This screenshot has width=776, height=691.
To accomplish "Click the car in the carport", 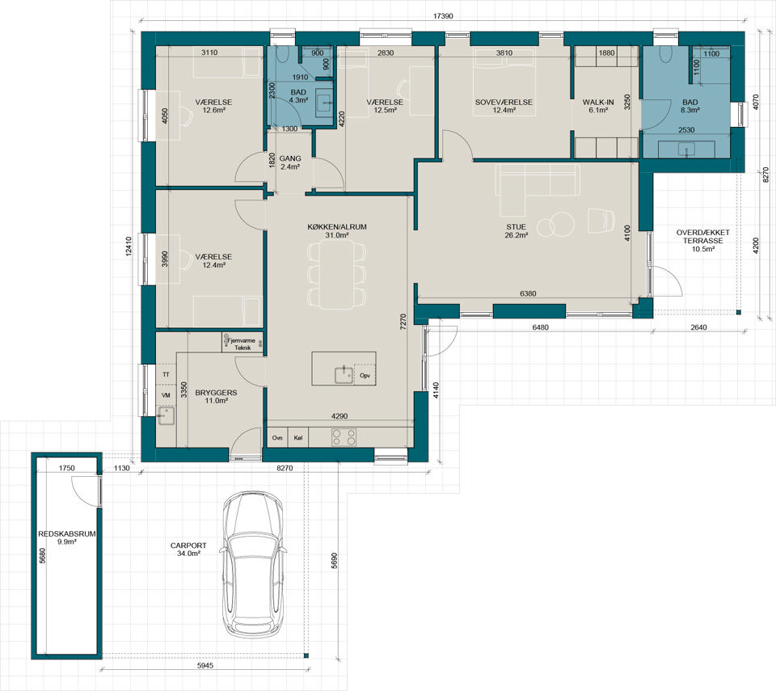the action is [254, 564].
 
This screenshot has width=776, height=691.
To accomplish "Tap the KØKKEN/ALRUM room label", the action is [337, 227].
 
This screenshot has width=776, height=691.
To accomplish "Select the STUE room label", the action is [516, 227].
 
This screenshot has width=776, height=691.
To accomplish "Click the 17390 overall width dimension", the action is [443, 16].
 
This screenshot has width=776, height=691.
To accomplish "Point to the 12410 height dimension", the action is [129, 246].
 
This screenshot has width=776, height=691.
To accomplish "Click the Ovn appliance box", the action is [277, 437].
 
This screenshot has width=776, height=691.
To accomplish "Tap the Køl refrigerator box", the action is [298, 437].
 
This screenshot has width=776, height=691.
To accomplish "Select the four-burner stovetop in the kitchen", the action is [344, 437].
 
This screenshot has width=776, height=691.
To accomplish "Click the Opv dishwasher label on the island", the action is [365, 376].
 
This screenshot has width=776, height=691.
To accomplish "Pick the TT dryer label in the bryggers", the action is [166, 375].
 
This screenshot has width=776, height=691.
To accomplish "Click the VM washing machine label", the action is [166, 395].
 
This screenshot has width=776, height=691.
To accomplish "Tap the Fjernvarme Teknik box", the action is [242, 343].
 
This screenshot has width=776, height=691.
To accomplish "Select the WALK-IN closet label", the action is [598, 103].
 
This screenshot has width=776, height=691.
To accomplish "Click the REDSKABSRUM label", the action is [67, 534].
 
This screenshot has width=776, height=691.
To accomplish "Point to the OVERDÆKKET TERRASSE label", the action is [702, 237].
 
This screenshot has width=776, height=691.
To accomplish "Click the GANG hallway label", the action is [290, 159].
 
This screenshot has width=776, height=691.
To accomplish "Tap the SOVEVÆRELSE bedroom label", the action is [504, 103].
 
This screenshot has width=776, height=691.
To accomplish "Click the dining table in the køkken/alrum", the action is [337, 275].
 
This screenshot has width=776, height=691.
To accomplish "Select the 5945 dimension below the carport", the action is [205, 666].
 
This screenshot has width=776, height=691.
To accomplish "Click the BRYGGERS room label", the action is [216, 393].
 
